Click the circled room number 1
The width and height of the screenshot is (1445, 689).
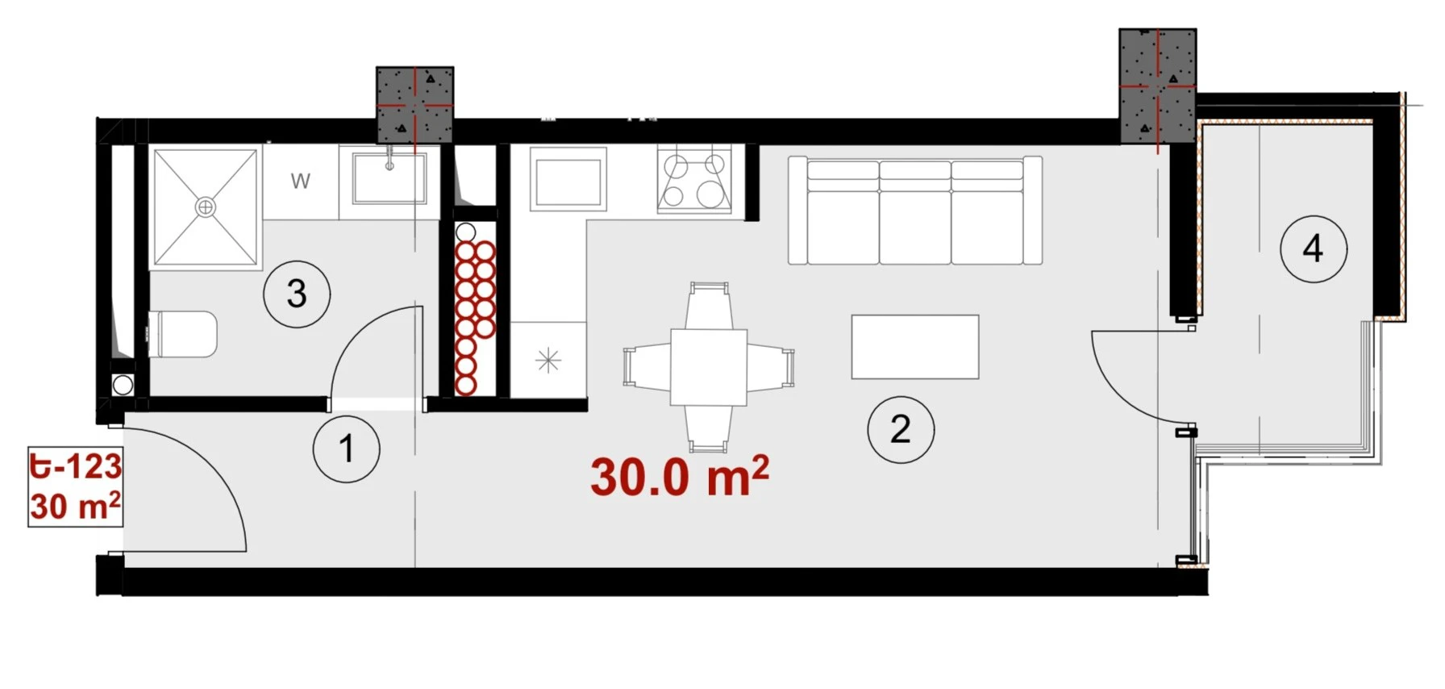347,449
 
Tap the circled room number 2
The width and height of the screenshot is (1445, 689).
901,429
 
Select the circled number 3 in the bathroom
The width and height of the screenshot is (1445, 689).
297,294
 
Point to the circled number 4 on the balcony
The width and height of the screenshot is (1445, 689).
1314,248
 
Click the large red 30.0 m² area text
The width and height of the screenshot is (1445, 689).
680,477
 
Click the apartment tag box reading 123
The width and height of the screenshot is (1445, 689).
75,486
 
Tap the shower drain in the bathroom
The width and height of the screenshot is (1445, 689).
206,207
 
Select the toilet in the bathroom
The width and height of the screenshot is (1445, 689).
183,334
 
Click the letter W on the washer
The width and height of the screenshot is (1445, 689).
301,182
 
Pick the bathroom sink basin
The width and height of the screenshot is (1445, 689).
389,178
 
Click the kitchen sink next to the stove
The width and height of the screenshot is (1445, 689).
568,179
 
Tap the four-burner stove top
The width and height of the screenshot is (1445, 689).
694,179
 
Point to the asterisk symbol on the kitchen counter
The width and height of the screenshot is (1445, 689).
548,360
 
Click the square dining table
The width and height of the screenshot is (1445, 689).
709,367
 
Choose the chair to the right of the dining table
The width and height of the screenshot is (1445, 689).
771,367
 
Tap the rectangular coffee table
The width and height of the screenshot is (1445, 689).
915,347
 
